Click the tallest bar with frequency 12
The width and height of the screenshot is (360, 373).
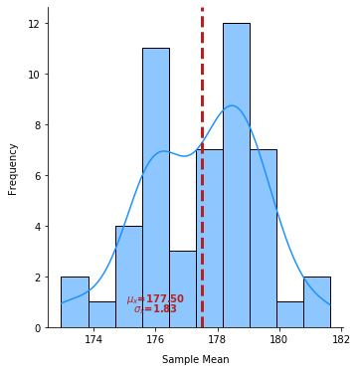click(x=237, y=175)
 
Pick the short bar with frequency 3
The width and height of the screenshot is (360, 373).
click(x=182, y=289)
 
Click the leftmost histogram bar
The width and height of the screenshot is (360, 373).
click(x=75, y=302)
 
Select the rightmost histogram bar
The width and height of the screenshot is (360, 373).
click(x=317, y=302)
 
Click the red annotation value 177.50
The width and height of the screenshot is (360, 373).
click(x=164, y=299)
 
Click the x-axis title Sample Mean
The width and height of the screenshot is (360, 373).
click(x=196, y=360)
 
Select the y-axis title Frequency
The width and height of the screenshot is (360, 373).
click(x=14, y=168)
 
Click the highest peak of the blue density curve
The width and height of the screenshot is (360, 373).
click(x=232, y=105)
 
